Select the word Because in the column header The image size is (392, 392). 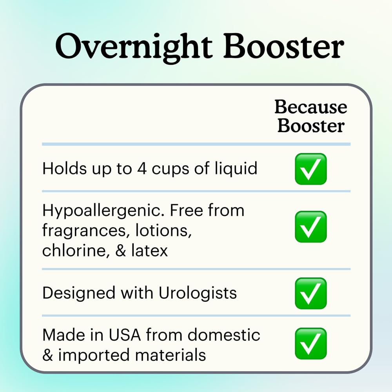[x=310, y=107]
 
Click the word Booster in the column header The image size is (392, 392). [x=311, y=126]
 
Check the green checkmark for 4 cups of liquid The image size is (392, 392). [x=311, y=169]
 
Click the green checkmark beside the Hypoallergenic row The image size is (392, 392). [x=311, y=227]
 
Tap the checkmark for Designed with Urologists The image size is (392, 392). [x=311, y=293]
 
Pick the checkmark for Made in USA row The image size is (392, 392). [x=311, y=344]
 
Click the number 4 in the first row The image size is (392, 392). [x=142, y=169]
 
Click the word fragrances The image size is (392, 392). [x=83, y=231]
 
